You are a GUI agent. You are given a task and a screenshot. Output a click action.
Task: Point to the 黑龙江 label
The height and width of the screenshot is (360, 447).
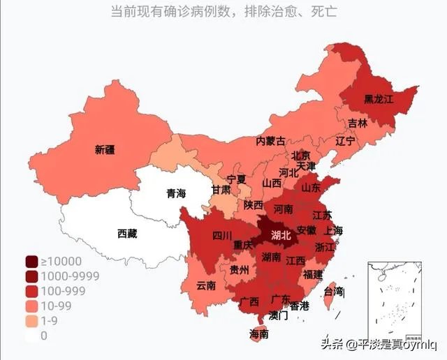pyautogui.click(x=379, y=99)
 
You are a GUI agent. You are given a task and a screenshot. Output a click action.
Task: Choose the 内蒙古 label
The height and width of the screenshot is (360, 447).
pyautogui.click(x=270, y=141)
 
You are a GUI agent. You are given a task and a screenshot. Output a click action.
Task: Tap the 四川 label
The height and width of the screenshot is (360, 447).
pyautogui.click(x=222, y=236)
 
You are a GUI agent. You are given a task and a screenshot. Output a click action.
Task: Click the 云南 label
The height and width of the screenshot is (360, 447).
pyautogui.click(x=206, y=285)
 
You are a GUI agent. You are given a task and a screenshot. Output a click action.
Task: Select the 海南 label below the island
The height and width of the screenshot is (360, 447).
pyautogui.click(x=258, y=334)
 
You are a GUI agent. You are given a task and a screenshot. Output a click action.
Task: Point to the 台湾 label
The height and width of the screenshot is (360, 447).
pyautogui.click(x=335, y=290)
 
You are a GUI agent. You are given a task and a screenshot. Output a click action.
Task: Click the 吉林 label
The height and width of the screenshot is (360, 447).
pyautogui.click(x=358, y=123)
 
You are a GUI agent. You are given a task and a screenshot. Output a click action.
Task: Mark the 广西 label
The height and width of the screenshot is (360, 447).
pyautogui.click(x=249, y=301)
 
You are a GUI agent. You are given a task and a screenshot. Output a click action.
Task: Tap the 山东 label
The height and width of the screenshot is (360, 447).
pyautogui.click(x=311, y=188)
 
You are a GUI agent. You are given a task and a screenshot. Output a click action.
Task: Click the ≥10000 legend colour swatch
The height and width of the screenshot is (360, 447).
pyautogui.click(x=31, y=262)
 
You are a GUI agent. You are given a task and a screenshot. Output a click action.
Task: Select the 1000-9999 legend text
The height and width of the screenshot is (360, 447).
pyautogui.click(x=70, y=276)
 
